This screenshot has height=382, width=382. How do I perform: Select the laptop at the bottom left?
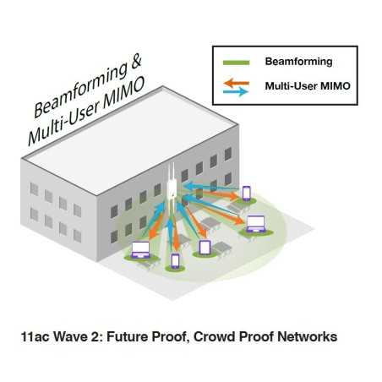point(139,250)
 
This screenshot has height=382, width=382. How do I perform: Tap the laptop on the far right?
point(256,224)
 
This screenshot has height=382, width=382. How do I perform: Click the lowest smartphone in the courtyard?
point(176,260)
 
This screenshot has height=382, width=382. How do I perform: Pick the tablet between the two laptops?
point(205,248)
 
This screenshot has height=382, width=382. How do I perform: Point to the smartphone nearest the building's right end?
point(247,194)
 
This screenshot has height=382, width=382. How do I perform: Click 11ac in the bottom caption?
point(34,336)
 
